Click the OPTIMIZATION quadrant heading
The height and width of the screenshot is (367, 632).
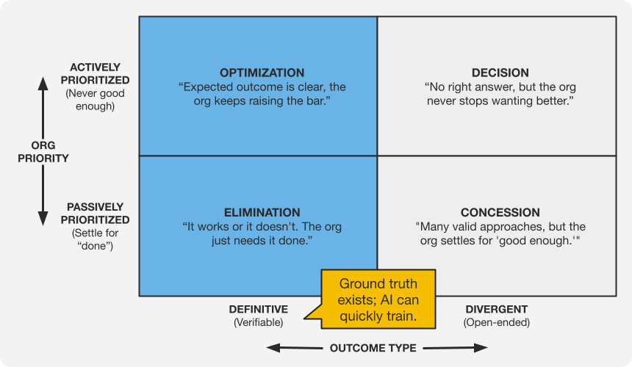click(x=262, y=73)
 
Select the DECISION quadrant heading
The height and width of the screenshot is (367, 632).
click(x=500, y=73)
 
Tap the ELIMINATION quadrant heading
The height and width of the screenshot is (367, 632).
click(x=261, y=213)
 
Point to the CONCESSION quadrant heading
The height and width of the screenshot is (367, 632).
click(x=500, y=213)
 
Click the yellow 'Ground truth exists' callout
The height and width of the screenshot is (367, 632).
click(x=377, y=298)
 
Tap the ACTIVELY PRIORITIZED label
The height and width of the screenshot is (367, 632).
click(x=96, y=74)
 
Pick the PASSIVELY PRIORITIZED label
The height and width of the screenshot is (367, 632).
click(x=96, y=214)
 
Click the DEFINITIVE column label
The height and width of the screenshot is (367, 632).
click(x=258, y=309)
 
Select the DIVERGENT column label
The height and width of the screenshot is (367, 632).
click(x=496, y=309)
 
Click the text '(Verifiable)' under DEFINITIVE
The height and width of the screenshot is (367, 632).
click(x=258, y=322)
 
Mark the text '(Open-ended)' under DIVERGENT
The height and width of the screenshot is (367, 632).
click(x=496, y=322)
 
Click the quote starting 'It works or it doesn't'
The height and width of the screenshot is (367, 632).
click(x=262, y=233)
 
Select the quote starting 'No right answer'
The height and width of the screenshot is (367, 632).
click(x=500, y=93)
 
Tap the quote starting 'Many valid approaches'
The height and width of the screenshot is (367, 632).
click(x=500, y=233)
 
